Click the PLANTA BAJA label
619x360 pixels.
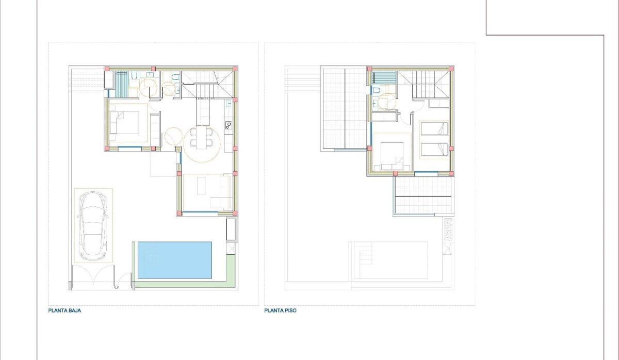click(64, 311)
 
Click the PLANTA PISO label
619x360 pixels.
click(280, 311)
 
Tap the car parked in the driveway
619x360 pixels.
click(93, 225)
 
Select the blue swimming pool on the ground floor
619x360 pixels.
click(175, 260)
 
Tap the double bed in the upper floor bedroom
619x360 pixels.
click(392, 153)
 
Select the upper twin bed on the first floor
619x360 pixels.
click(434, 128)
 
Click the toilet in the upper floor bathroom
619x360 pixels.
click(376, 90)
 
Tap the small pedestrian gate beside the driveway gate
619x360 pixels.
click(118, 281)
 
